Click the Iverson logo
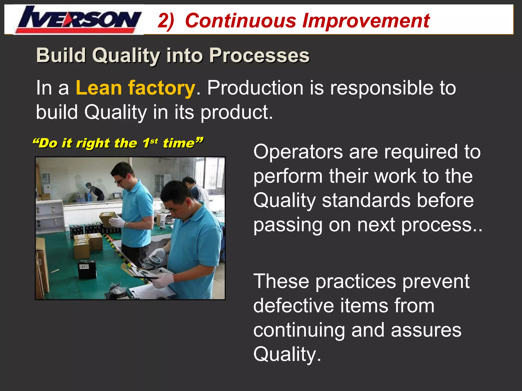79,20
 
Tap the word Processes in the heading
259,55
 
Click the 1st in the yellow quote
150,143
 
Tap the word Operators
298,152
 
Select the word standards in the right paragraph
366,201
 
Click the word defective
293,306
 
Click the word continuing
299,330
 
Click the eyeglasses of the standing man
119,181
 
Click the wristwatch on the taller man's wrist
127,225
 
